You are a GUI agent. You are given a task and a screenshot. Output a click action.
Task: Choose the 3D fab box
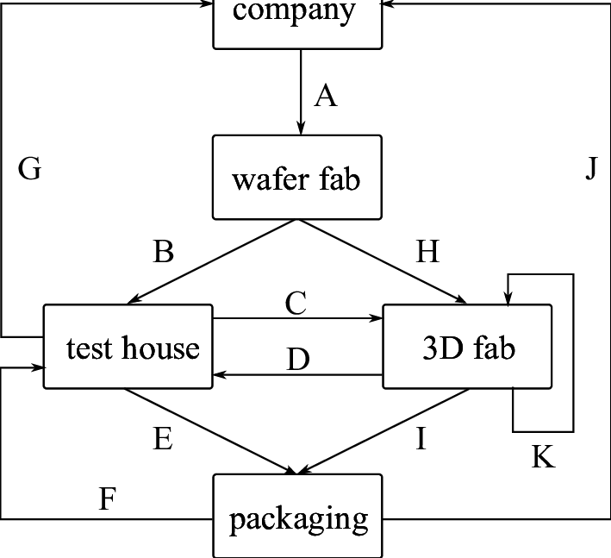click(467, 347)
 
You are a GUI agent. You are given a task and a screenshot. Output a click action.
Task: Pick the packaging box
click(297, 517)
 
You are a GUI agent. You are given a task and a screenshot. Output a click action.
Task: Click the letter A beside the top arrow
click(325, 96)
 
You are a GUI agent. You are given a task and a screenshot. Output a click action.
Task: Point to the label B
click(164, 252)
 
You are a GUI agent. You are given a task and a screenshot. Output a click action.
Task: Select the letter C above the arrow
click(295, 304)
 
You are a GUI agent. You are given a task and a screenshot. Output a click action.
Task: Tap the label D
click(298, 360)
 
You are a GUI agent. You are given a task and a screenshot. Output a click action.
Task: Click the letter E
click(163, 439)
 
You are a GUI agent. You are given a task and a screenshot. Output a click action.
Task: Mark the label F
click(108, 499)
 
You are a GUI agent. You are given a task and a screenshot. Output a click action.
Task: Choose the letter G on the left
click(29, 170)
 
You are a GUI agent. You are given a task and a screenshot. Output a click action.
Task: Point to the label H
click(427, 252)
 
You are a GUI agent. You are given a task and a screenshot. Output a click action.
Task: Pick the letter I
click(421, 439)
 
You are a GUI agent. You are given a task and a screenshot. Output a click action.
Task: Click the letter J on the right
click(590, 170)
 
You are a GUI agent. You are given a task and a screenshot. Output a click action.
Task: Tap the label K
click(543, 457)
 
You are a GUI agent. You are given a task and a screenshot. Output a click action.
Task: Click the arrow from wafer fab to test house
click(212, 261)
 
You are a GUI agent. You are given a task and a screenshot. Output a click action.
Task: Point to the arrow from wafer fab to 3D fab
click(382, 261)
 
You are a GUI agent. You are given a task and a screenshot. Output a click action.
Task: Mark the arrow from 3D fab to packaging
click(383, 431)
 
